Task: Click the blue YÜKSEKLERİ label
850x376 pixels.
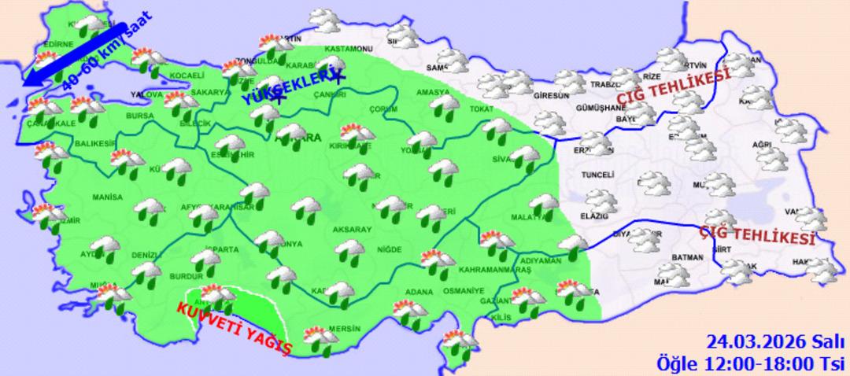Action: [x=279, y=90]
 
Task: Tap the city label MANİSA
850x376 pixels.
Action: [x=104, y=197]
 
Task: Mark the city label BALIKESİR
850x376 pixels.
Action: [x=95, y=144]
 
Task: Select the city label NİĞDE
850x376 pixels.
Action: [x=390, y=249]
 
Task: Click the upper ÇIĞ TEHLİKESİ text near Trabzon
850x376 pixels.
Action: [x=674, y=85]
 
